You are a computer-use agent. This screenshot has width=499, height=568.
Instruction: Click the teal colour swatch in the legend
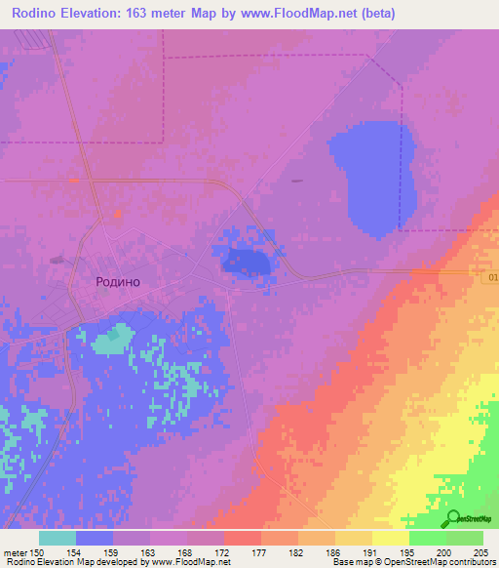pos(58,538)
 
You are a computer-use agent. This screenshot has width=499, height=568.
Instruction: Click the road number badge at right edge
pos(490,278)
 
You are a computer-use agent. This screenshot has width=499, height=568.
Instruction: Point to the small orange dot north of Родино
pos(118,214)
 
